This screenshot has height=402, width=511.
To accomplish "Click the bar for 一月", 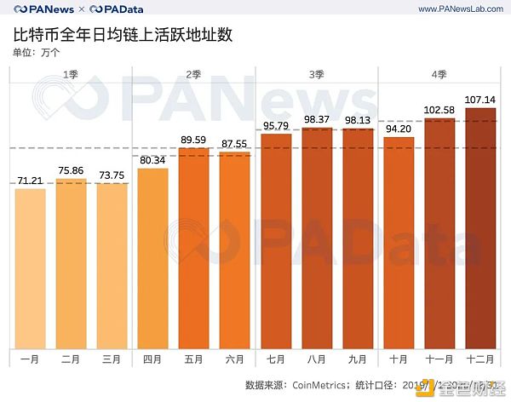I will click(30, 268).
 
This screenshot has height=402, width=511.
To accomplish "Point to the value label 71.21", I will click(30, 181).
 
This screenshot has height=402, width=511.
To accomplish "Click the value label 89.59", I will click(194, 140).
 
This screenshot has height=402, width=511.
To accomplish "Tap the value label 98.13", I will click(358, 120).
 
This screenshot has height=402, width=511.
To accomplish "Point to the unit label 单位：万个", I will click(37, 54).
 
